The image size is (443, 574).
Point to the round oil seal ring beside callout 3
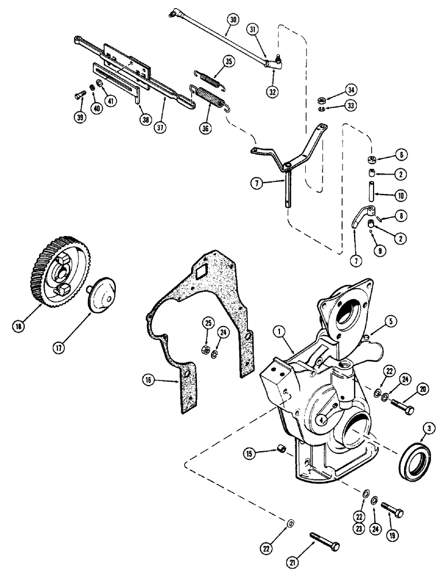416,456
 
